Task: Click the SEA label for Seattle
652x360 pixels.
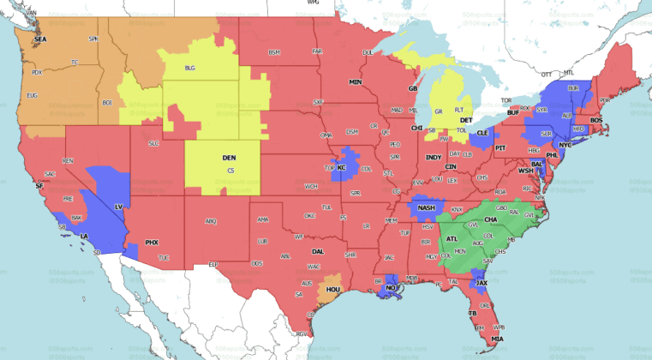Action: click(39, 40)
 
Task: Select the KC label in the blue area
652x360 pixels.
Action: click(341, 167)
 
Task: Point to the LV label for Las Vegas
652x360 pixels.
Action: click(118, 207)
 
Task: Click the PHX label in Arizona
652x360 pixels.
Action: click(152, 243)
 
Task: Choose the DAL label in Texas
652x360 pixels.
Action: click(318, 251)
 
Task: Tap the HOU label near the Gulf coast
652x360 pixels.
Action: click(333, 291)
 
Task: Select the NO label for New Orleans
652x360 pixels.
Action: click(391, 287)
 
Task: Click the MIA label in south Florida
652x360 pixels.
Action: click(498, 339)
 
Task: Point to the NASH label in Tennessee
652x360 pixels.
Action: click(427, 208)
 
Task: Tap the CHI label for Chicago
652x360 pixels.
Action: click(417, 128)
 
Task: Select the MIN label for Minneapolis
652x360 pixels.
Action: click(355, 81)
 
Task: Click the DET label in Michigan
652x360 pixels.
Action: click(466, 120)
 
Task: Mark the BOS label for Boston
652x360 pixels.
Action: click(596, 120)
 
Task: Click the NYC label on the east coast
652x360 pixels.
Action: click(565, 145)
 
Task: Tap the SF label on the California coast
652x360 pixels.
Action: click(39, 185)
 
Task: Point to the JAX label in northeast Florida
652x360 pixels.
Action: click(482, 282)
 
